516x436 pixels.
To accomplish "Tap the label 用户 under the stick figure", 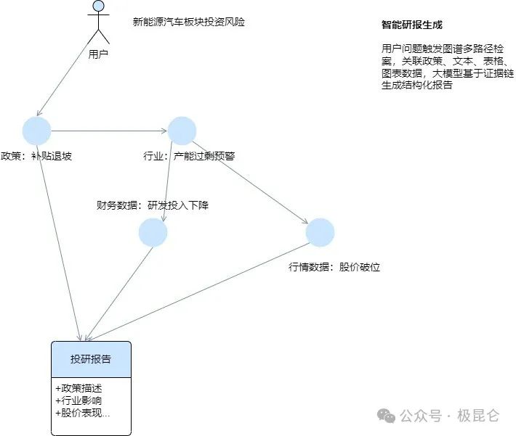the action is [x=98, y=54].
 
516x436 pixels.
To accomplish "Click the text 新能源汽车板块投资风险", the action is [x=188, y=22].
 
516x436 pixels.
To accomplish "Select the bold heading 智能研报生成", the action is [x=412, y=25].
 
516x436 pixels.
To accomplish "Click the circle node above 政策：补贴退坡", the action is [x=36, y=131].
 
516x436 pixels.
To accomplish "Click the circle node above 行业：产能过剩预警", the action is [x=182, y=131].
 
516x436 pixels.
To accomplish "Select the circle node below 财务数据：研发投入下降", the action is [x=153, y=232].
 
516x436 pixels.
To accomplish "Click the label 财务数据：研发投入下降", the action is [x=153, y=205].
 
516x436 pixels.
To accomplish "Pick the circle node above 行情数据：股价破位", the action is [x=320, y=232].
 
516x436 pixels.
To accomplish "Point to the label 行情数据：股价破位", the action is [x=334, y=267].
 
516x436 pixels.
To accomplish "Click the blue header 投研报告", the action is [x=91, y=359].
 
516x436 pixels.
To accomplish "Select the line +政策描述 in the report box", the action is [x=78, y=387].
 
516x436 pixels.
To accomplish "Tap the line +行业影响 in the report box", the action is [x=78, y=400].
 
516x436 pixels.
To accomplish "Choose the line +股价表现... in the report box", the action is [x=82, y=414].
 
